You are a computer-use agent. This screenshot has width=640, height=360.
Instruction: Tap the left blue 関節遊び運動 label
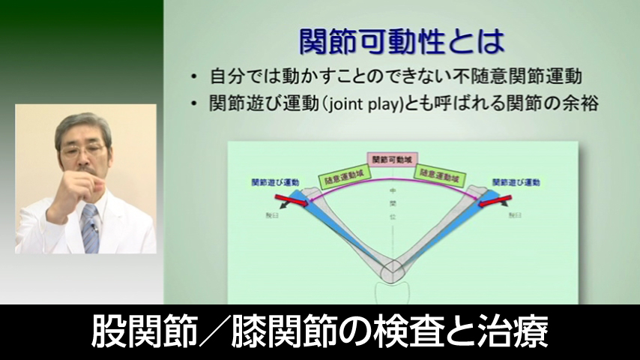(x=275, y=182)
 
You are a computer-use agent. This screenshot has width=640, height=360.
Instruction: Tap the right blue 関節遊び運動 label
(x=516, y=182)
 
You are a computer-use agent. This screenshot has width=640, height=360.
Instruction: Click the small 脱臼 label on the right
(x=515, y=215)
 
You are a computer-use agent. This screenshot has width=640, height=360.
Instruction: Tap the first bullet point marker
(x=194, y=77)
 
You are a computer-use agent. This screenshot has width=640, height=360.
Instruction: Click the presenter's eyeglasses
(x=83, y=151)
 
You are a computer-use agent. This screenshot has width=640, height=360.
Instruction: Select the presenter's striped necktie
(x=90, y=229)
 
